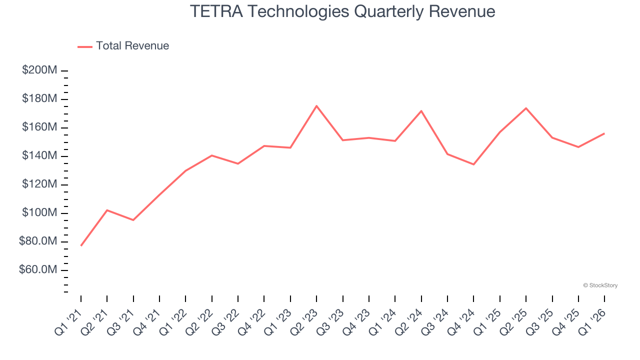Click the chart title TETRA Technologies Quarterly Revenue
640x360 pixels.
pyautogui.click(x=342, y=11)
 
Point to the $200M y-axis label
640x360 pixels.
pyautogui.click(x=39, y=70)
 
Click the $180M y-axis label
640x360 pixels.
pyautogui.click(x=39, y=99)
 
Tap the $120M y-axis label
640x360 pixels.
pyautogui.click(x=39, y=184)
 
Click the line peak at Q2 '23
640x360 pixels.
pyautogui.click(x=316, y=106)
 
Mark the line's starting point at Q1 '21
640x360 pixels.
pyautogui.click(x=81, y=245)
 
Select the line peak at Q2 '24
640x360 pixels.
pyautogui.click(x=421, y=111)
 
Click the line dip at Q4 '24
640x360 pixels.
pyautogui.click(x=473, y=164)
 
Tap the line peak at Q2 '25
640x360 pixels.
pyautogui.click(x=526, y=108)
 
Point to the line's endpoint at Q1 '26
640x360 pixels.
pyautogui.click(x=604, y=133)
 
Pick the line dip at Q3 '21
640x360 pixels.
pyautogui.click(x=133, y=220)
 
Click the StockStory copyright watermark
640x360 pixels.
pyautogui.click(x=600, y=285)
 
